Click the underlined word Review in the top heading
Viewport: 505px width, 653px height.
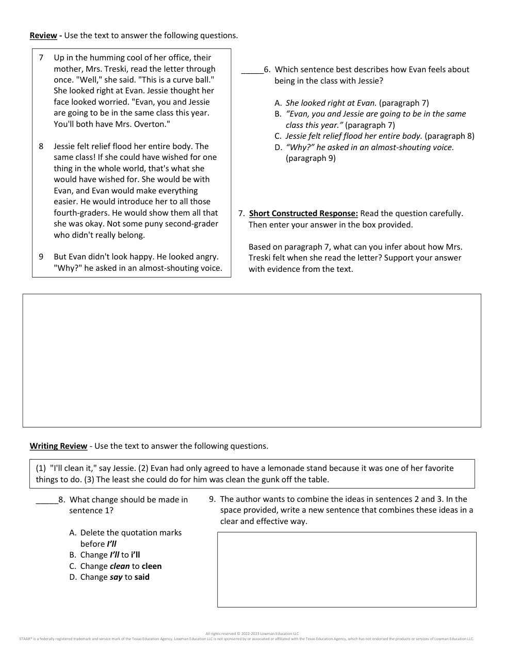coord(43,36)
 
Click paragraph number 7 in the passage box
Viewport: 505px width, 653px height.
coord(41,58)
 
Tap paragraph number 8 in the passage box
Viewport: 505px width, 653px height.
coord(41,146)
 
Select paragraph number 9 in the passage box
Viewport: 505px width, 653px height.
coord(41,257)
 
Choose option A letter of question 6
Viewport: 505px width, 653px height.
coord(278,103)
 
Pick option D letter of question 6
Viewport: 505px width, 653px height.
coord(278,148)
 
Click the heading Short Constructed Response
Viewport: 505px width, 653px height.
coord(303,214)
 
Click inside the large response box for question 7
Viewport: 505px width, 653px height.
coord(252,360)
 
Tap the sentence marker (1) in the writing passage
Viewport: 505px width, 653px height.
coord(41,468)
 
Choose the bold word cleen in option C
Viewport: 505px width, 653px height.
coord(152,566)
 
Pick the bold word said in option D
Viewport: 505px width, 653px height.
coord(142,577)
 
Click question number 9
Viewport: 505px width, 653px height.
coord(212,499)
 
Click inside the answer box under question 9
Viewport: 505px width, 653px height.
coord(347,569)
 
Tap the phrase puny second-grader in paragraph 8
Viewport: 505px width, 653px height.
coord(171,224)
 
